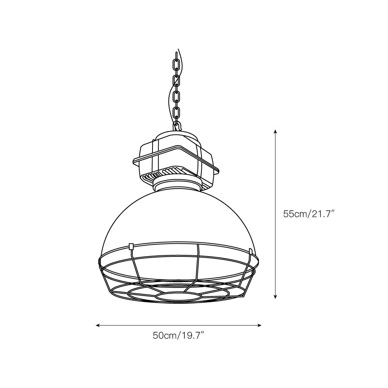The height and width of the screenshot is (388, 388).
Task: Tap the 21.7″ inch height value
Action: [x=322, y=214]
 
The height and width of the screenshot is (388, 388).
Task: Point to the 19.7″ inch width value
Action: [x=192, y=336]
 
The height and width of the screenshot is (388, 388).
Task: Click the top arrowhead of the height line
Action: [x=275, y=131]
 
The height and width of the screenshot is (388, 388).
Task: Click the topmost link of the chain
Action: [x=176, y=62]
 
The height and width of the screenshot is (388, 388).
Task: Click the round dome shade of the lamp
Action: [x=178, y=217]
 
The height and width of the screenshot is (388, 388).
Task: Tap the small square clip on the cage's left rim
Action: [x=131, y=246]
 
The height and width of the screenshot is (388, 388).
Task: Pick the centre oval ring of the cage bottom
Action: [x=178, y=296]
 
